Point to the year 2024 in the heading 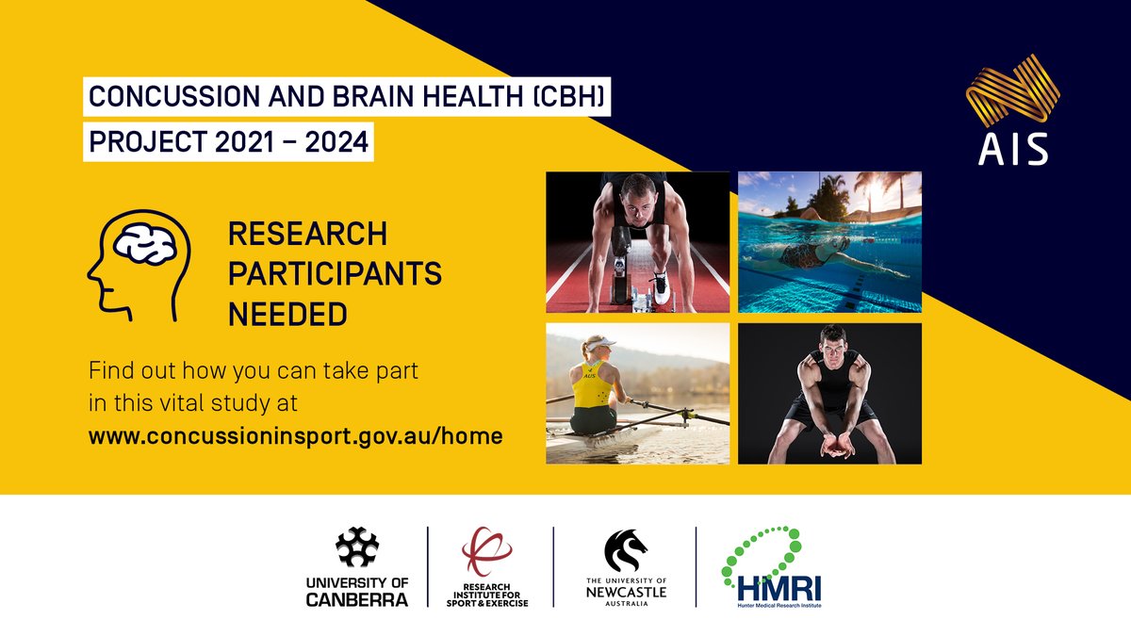[x=337, y=143]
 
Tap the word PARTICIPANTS [x=335, y=273]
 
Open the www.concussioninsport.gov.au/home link [x=295, y=436]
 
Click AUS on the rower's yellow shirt [x=590, y=375]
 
